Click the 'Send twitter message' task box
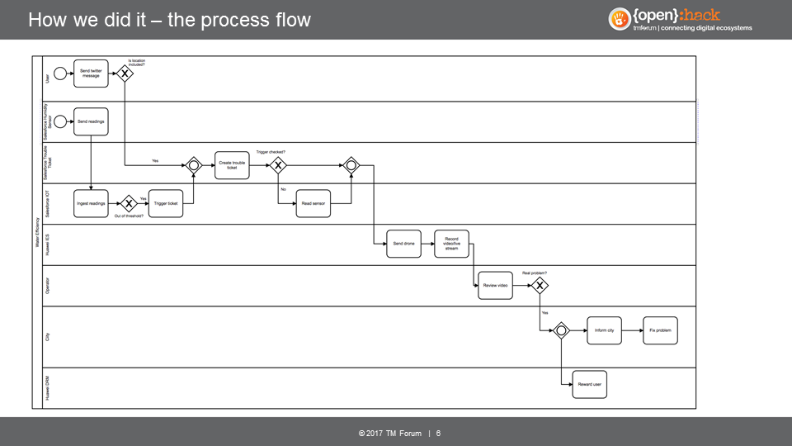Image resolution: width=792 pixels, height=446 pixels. tap(91, 74)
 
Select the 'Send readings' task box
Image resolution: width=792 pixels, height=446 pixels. tap(91, 121)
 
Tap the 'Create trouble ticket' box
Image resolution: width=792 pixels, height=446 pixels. tap(232, 164)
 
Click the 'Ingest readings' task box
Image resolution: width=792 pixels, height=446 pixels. tap(91, 203)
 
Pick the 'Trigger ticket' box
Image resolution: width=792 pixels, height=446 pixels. tap(167, 203)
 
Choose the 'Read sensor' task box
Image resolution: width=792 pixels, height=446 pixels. tap(313, 203)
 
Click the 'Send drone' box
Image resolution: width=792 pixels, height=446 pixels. tap(403, 244)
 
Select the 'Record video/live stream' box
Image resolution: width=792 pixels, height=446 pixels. tap(451, 244)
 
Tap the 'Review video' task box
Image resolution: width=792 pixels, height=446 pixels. tap(495, 285)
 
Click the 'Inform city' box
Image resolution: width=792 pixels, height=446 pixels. tap(604, 330)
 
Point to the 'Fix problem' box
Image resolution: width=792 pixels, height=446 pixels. tap(660, 330)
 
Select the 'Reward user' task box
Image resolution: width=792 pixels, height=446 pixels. tap(589, 384)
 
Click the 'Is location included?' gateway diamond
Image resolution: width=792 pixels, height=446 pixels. tap(125, 74)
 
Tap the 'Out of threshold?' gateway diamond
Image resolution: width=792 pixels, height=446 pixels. tap(129, 203)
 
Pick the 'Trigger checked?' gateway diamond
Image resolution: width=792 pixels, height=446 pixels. tap(278, 165)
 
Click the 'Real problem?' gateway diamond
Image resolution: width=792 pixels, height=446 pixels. tap(540, 286)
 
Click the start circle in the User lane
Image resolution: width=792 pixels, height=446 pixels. tap(59, 74)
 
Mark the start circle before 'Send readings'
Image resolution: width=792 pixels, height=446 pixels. tap(59, 121)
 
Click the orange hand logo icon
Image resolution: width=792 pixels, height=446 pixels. tap(620, 19)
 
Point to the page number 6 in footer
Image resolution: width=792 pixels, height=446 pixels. tap(438, 434)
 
